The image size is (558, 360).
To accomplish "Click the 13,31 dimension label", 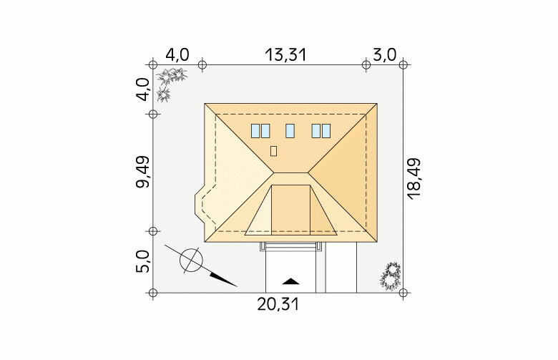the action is (285, 55).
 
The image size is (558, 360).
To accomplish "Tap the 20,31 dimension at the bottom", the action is (278, 305).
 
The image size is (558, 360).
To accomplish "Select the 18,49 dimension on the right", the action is (414, 179).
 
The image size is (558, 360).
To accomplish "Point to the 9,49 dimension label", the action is (142, 172).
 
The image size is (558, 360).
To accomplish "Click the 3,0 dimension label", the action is (384, 55).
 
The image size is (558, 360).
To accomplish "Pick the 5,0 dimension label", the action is (142, 261).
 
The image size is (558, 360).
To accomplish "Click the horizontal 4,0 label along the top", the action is (177, 55).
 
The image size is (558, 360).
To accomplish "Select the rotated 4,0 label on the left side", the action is (142, 89).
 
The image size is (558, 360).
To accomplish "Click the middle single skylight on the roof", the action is (290, 131).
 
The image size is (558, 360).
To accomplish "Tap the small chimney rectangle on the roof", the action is (274, 151).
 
